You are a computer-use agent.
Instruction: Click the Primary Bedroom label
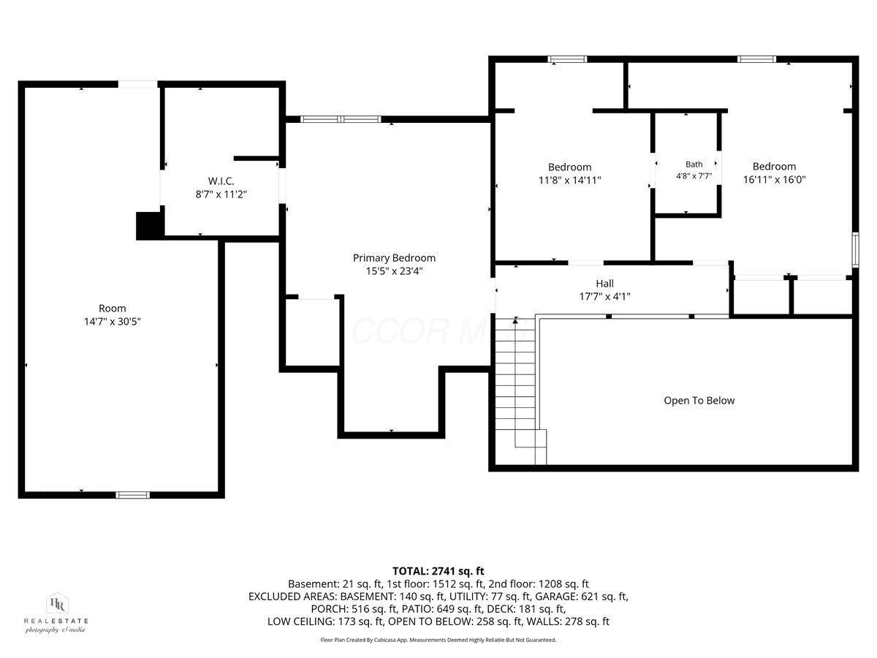(x=394, y=257)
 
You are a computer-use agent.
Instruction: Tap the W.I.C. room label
(x=221, y=181)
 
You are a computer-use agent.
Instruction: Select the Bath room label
(x=694, y=164)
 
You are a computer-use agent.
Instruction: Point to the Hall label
(x=604, y=284)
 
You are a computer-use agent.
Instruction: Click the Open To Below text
(x=699, y=401)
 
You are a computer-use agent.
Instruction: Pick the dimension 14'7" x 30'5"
(x=113, y=322)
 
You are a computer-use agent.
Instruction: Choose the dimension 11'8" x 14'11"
(x=570, y=180)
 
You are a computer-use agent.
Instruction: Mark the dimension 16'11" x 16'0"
(x=774, y=179)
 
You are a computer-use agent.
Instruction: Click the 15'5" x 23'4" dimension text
(x=395, y=271)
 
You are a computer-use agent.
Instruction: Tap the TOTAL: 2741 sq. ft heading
(x=438, y=571)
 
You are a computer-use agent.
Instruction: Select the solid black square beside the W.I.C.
(x=149, y=225)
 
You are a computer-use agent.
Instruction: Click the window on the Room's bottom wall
(x=133, y=496)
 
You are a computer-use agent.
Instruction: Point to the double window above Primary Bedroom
(x=341, y=119)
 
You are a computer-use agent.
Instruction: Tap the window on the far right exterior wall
(x=855, y=250)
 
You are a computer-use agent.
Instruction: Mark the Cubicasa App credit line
(x=438, y=640)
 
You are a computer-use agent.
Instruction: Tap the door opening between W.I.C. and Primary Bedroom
(x=282, y=186)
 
